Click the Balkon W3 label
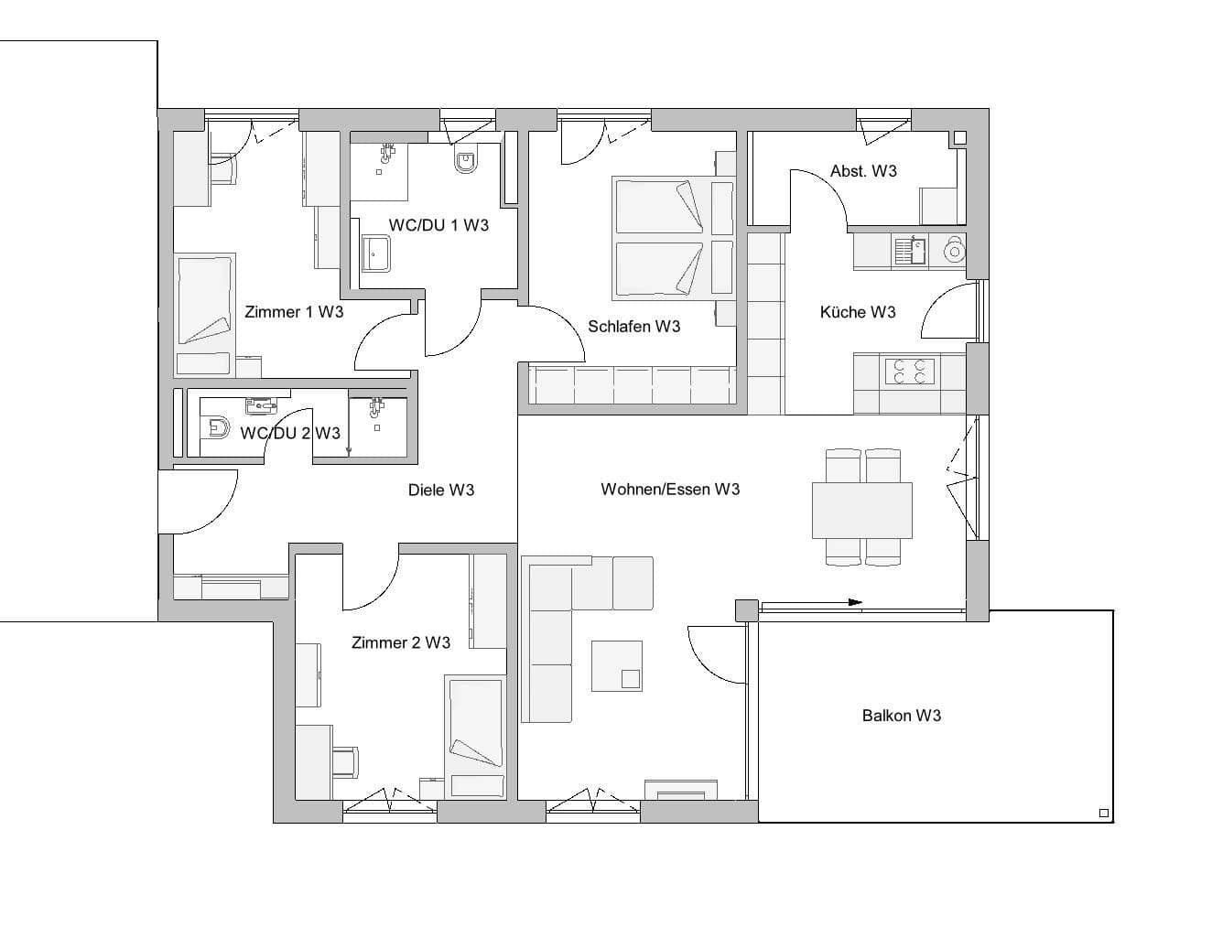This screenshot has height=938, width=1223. pyautogui.click(x=901, y=716)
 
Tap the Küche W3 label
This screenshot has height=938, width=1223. pyautogui.click(x=857, y=312)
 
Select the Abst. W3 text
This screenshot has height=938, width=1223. pyautogui.click(x=862, y=171)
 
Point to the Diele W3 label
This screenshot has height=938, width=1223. pyautogui.click(x=440, y=491)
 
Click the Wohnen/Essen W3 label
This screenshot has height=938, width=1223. pyautogui.click(x=670, y=490)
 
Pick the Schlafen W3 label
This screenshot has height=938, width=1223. pyautogui.click(x=633, y=327)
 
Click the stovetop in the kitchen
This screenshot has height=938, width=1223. pyautogui.click(x=908, y=372)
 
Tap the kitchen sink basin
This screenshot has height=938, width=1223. pyautogui.click(x=911, y=250)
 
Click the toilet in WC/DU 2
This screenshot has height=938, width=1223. pyautogui.click(x=219, y=427)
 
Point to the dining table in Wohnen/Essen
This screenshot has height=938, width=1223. pyautogui.click(x=861, y=511)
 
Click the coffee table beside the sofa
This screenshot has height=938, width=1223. pyautogui.click(x=616, y=665)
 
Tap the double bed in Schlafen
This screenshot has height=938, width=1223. pyautogui.click(x=674, y=238)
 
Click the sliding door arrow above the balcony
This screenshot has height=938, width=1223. pyautogui.click(x=854, y=602)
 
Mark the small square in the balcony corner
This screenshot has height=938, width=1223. pyautogui.click(x=1103, y=813)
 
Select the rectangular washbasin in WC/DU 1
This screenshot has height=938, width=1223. pyautogui.click(x=376, y=254)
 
